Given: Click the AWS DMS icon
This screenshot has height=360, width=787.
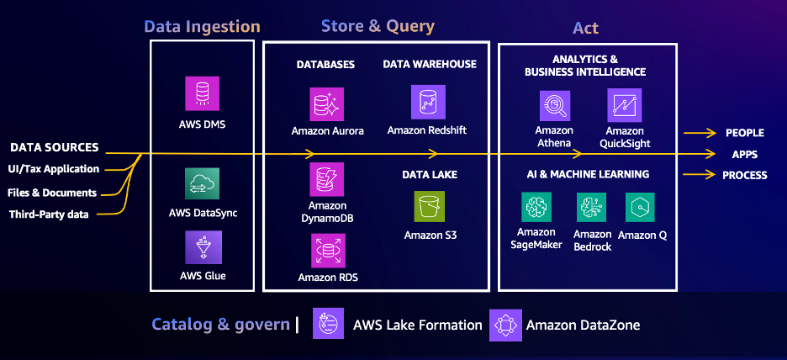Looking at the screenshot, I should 202,93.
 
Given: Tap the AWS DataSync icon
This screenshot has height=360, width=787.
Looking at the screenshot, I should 202,184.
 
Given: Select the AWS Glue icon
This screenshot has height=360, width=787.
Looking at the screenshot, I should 202,247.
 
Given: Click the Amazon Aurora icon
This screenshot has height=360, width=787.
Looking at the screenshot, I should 326,104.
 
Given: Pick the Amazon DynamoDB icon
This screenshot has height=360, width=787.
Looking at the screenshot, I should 326,179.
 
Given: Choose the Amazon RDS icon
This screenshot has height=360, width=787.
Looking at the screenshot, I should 326,250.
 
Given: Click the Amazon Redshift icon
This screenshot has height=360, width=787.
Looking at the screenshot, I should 427,102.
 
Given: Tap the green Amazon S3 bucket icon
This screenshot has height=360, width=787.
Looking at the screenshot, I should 430,207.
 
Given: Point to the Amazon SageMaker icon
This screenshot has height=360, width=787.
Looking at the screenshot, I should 536,207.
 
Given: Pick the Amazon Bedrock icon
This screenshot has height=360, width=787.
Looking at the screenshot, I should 592,207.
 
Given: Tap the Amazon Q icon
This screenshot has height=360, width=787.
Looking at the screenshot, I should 641,207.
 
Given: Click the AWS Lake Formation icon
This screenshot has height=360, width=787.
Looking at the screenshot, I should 327,324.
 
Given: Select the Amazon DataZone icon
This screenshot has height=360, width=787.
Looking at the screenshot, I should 504,324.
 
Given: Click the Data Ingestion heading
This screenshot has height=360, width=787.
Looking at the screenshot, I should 202,27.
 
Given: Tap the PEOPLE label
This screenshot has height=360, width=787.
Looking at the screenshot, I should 744,133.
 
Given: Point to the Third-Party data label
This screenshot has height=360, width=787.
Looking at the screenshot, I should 49,214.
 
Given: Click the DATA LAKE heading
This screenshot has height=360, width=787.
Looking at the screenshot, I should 430,174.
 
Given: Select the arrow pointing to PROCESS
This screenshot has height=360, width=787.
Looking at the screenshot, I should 700,175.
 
